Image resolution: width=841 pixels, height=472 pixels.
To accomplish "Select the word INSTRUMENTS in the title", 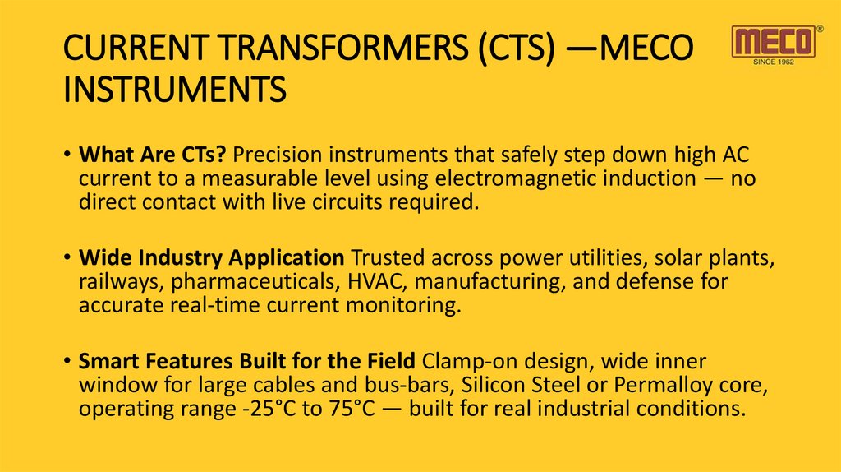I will [174, 89].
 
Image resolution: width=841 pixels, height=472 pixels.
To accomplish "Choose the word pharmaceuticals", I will [241, 281].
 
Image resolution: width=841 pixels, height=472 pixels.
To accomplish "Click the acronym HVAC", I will [369, 281].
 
